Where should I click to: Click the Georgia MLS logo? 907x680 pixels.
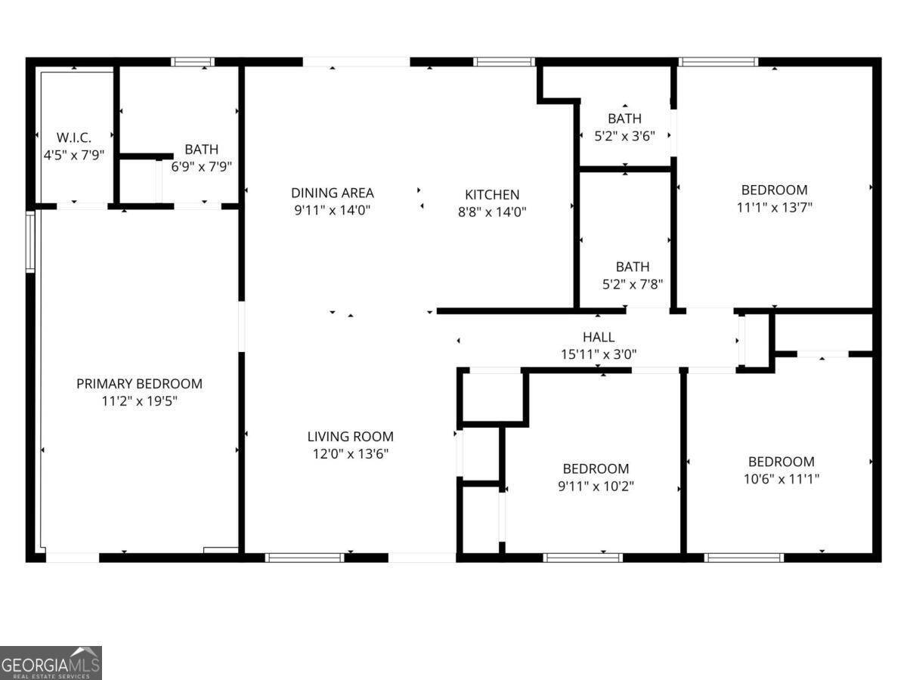click(x=51, y=663)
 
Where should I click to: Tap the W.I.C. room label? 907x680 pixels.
click(x=74, y=138)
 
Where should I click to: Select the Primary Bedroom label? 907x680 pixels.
click(x=139, y=384)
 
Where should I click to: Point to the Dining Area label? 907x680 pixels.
click(x=333, y=193)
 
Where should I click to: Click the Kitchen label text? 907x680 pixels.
click(x=492, y=195)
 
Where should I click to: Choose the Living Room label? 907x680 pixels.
click(x=350, y=437)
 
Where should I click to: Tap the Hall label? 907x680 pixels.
click(x=599, y=337)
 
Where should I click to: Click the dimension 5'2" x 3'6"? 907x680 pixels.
click(x=624, y=136)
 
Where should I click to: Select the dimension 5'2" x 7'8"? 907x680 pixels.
click(x=632, y=284)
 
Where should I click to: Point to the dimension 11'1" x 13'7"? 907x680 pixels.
click(x=774, y=207)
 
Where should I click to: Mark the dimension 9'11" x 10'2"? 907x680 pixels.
click(x=596, y=486)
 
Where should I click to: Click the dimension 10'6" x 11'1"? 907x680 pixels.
click(x=782, y=478)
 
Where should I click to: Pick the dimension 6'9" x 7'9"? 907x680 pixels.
click(x=201, y=167)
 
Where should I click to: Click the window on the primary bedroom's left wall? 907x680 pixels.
click(x=30, y=241)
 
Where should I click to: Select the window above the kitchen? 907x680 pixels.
click(x=505, y=62)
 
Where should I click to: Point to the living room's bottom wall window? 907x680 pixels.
click(x=305, y=558)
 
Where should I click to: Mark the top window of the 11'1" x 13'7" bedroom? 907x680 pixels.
click(x=718, y=62)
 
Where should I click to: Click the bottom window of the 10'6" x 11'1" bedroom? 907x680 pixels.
click(x=744, y=558)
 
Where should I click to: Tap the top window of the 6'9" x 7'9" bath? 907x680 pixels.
click(x=193, y=62)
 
